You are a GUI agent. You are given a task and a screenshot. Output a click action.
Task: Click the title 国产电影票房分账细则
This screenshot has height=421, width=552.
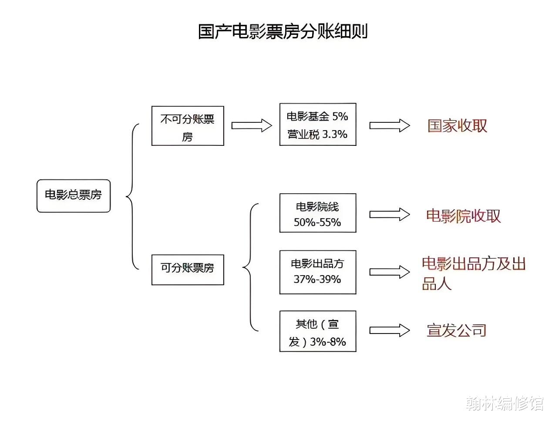[x=283, y=31]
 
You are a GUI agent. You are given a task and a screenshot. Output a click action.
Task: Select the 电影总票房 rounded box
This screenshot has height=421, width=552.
[x=74, y=196]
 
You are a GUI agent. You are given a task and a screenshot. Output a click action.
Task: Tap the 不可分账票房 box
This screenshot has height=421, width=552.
[x=188, y=126]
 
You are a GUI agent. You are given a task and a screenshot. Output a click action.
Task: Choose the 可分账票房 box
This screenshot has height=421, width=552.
[x=188, y=269]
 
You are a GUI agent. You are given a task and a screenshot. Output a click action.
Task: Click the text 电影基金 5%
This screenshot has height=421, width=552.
[x=317, y=116]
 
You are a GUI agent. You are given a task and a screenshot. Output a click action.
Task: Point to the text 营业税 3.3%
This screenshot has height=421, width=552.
[x=317, y=134]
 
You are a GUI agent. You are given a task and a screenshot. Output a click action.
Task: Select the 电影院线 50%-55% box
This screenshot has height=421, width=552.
[x=318, y=213]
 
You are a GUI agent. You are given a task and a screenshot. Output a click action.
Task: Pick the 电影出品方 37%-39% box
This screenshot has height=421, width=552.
[x=318, y=272]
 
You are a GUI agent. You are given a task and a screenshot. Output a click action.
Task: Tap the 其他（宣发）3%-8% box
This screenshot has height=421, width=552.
[x=318, y=331]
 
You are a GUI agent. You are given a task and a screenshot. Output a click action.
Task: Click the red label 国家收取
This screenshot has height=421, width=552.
[x=457, y=126]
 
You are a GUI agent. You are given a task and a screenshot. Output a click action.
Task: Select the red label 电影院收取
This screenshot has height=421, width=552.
[x=463, y=216]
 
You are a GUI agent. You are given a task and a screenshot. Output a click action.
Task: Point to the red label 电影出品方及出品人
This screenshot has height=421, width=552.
[x=474, y=273]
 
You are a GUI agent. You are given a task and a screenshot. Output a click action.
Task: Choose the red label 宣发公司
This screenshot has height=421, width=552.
[x=456, y=330]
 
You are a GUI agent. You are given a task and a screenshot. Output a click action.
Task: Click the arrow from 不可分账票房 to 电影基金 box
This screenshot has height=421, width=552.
[x=252, y=125]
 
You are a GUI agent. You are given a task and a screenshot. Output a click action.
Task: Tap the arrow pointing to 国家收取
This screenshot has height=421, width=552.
[x=390, y=125]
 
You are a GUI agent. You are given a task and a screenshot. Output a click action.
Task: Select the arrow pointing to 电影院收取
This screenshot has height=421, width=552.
[x=390, y=215]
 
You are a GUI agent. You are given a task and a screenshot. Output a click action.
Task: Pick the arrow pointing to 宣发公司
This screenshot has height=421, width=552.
[x=390, y=330]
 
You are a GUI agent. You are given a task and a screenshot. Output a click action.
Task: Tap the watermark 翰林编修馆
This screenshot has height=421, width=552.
[x=504, y=404]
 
